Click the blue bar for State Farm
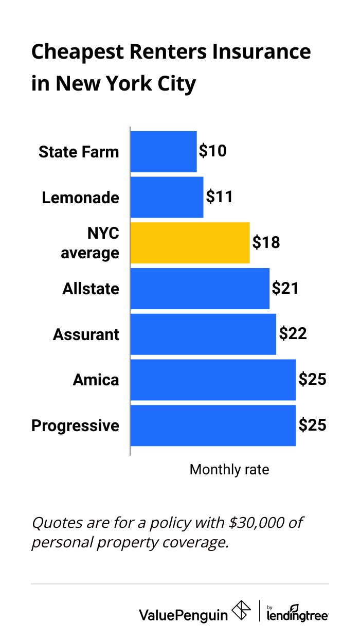[x=163, y=151]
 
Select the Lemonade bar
[x=167, y=197]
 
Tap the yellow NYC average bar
[x=190, y=243]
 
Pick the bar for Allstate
[x=200, y=288]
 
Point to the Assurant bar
[x=203, y=334]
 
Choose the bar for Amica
[x=213, y=380]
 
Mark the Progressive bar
[x=213, y=425]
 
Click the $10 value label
[x=213, y=151]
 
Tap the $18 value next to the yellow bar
[x=266, y=242]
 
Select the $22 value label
[x=293, y=334]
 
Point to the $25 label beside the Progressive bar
[x=313, y=425]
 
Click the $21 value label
[x=285, y=288]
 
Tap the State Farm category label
[x=79, y=152]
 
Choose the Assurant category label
[x=86, y=334]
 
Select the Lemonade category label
[x=81, y=198]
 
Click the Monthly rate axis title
[x=229, y=469]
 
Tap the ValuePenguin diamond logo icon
[x=242, y=611]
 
